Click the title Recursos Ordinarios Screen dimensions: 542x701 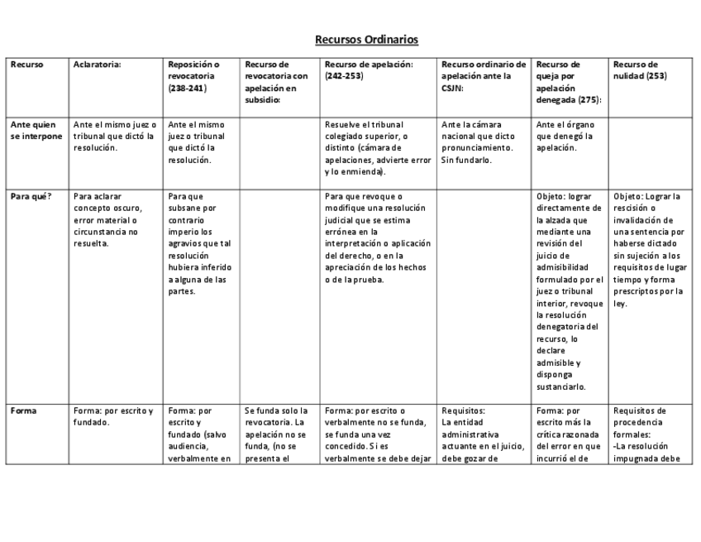(x=366, y=39)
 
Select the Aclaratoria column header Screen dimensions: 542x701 (x=98, y=64)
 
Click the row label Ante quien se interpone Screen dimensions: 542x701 (x=36, y=131)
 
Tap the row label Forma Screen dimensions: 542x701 (x=23, y=410)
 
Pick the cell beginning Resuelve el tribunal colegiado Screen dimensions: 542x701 (x=377, y=148)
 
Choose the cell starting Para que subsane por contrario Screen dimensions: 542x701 (x=198, y=243)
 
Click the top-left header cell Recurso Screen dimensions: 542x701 (x=27, y=64)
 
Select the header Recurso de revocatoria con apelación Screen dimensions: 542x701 (x=276, y=81)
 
